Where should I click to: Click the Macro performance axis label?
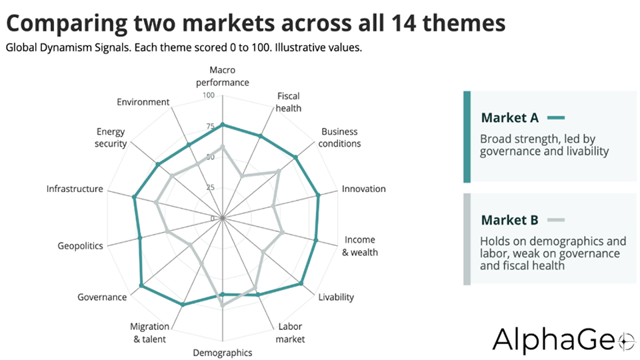point(223,76)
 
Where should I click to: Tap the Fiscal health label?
point(288,102)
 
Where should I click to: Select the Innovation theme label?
point(364,189)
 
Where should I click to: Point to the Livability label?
point(336,297)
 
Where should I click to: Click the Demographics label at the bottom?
point(223,353)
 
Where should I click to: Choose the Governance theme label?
point(102,297)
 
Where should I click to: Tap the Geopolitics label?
point(80,246)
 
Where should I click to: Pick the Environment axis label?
point(143,102)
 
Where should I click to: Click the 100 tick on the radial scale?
point(209,95)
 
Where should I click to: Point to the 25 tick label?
point(210,188)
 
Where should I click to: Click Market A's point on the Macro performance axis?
point(223,125)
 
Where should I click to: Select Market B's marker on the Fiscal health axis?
point(242,176)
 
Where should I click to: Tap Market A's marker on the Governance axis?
point(141,285)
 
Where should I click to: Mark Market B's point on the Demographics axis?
point(223,305)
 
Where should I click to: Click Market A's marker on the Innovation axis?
point(319,195)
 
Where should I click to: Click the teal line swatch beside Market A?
point(556,118)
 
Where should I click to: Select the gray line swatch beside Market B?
point(556,220)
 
